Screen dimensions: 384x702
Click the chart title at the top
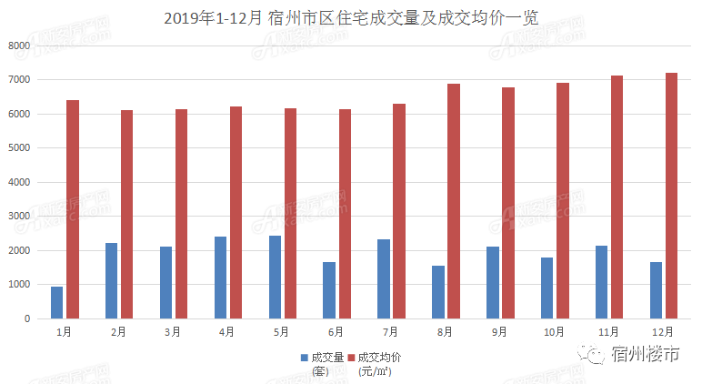[x=350, y=17]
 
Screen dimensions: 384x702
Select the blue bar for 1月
[x=57, y=302]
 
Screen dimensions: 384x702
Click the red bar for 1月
[x=73, y=209]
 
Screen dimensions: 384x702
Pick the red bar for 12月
[x=672, y=196]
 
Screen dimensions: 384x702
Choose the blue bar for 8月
[x=438, y=292]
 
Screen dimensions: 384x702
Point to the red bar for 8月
[x=454, y=201]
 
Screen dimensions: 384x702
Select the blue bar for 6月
[x=329, y=290]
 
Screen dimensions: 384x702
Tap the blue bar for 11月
[x=602, y=282]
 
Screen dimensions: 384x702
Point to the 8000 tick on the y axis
[x=18, y=45]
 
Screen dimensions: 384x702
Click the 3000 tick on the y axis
[x=18, y=217]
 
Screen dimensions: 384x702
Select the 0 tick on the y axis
[x=27, y=319]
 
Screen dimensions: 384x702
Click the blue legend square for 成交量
[x=305, y=358]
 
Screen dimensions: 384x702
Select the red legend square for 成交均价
[x=351, y=358]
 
